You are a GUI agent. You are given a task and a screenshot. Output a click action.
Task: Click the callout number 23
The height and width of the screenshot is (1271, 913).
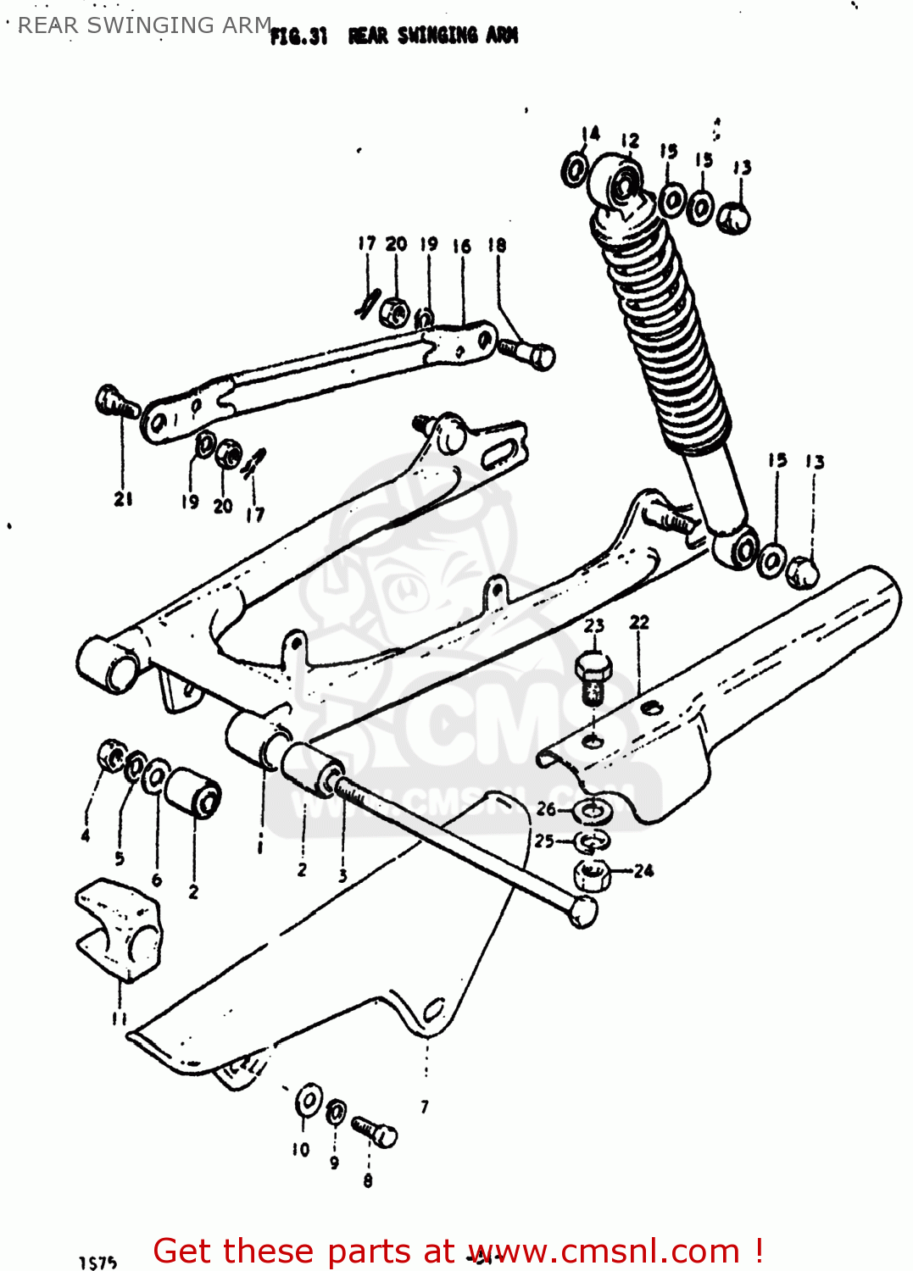pos(594,625)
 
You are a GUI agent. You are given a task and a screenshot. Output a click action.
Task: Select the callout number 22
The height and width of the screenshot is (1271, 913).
pos(639,623)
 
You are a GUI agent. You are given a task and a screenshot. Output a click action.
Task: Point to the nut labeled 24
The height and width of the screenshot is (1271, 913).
pos(593,874)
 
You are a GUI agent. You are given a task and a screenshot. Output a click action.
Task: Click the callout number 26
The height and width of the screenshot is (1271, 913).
pos(546,809)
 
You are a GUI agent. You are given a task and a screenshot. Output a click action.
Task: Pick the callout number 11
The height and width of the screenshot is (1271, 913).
pos(120,1018)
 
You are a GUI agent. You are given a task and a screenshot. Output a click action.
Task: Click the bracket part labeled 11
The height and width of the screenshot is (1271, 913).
pos(119,929)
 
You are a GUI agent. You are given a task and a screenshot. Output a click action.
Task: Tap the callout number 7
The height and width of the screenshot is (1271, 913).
pos(425,1106)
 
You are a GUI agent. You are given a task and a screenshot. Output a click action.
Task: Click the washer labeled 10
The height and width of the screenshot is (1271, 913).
pos(308,1101)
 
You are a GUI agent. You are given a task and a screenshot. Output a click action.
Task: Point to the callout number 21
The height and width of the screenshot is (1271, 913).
pos(124,499)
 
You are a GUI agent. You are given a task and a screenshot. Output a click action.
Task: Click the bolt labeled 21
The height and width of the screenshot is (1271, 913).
pos(114,402)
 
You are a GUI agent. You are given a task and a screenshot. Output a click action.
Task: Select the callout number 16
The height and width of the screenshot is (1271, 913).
pos(461,247)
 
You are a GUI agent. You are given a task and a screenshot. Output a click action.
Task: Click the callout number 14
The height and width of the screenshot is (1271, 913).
pos(591,133)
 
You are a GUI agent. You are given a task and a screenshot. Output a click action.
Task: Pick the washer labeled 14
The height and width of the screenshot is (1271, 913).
pos(575,169)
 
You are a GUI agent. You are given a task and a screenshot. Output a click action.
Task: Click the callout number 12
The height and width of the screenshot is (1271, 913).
pos(630,141)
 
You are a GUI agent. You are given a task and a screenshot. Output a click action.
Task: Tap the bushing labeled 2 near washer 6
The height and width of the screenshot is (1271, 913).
pos(193,791)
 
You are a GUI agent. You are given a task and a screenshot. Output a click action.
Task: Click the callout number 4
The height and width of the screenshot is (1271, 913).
pos(85,835)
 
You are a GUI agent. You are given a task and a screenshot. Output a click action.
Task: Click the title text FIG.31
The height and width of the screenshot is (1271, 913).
pos(298,36)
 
